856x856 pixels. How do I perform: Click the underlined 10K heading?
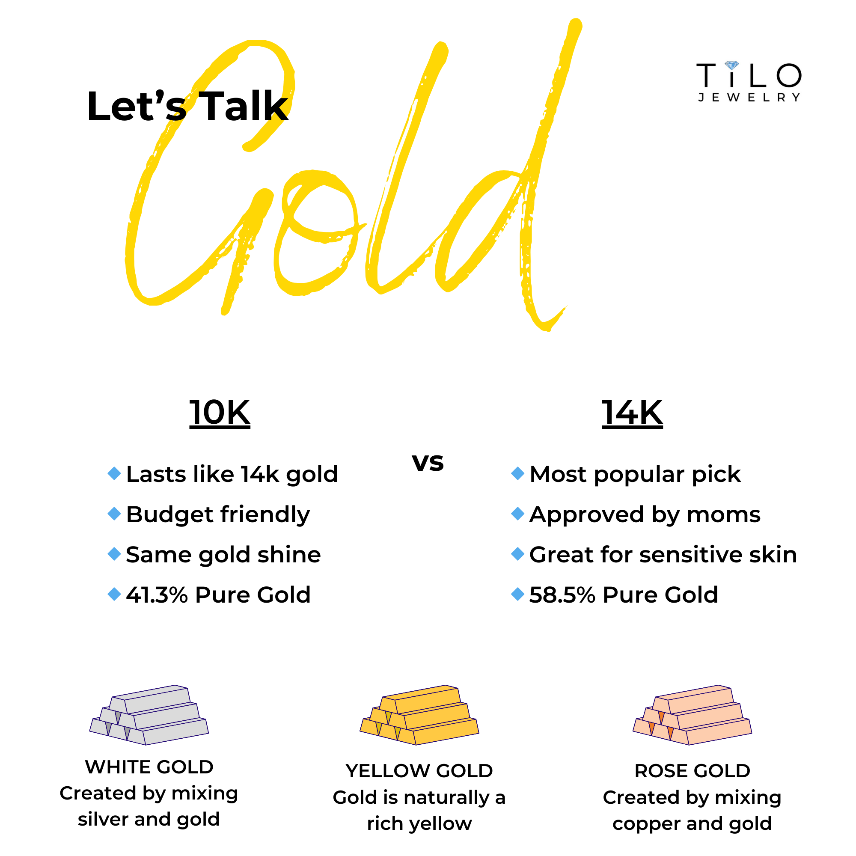tap(220, 413)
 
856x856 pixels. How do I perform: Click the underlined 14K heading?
tap(632, 413)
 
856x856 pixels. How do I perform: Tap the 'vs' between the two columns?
tap(428, 462)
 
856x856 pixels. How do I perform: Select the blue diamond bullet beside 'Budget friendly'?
tap(114, 514)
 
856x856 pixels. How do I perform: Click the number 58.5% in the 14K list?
tap(562, 594)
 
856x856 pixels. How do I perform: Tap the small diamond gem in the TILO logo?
tap(731, 65)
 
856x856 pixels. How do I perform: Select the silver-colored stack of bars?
tap(149, 715)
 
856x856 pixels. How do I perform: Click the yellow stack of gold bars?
tap(419, 715)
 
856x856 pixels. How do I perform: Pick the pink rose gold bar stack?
tap(692, 715)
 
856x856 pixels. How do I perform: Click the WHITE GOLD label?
tap(149, 767)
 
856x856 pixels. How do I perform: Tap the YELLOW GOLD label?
tap(419, 771)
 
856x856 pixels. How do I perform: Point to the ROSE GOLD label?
tap(692, 771)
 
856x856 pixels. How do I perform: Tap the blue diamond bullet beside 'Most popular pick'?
tap(517, 473)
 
